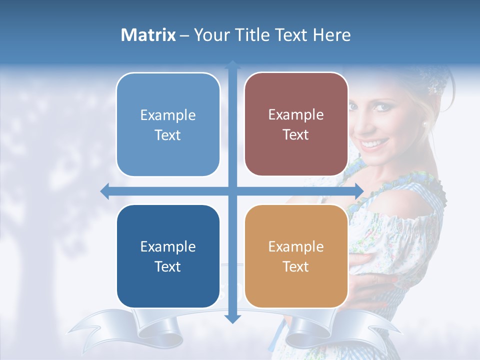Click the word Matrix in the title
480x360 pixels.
(148, 35)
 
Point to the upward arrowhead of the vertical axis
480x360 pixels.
(232, 64)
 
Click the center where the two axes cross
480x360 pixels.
(232, 191)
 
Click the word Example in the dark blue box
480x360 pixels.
(168, 246)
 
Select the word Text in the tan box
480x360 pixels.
(296, 266)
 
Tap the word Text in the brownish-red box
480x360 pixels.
(296, 135)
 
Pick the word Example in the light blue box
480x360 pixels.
(168, 115)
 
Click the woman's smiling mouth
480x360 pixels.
(371, 144)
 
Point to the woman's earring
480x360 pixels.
(425, 124)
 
